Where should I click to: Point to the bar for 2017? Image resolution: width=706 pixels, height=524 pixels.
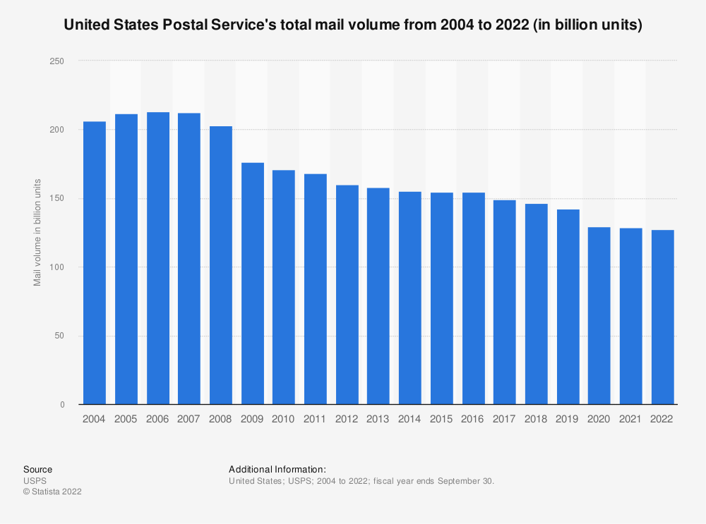[x=504, y=303]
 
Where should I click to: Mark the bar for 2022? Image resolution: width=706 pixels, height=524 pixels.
[x=662, y=317]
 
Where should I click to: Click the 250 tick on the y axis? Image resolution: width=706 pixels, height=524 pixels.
[x=56, y=61]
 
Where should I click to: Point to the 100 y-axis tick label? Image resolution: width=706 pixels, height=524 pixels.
[x=56, y=267]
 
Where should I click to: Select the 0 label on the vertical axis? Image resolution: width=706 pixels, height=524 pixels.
[x=61, y=405]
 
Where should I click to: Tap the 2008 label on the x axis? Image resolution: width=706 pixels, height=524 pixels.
[x=220, y=419]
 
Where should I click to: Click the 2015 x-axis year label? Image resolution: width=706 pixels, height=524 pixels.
[x=441, y=419]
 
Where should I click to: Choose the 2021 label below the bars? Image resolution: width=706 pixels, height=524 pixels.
[x=630, y=419]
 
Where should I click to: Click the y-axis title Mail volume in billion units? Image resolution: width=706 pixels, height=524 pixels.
[x=37, y=233]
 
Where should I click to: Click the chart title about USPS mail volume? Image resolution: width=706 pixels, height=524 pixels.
[x=352, y=26]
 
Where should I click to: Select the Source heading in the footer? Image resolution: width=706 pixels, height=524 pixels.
[x=37, y=469]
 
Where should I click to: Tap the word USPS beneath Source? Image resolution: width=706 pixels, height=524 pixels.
[x=35, y=481]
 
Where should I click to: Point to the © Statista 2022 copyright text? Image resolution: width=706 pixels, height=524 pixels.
[x=52, y=492]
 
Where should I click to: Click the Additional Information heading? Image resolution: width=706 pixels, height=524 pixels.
[x=277, y=469]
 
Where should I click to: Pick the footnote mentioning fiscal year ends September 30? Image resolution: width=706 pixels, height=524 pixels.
[x=361, y=481]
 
